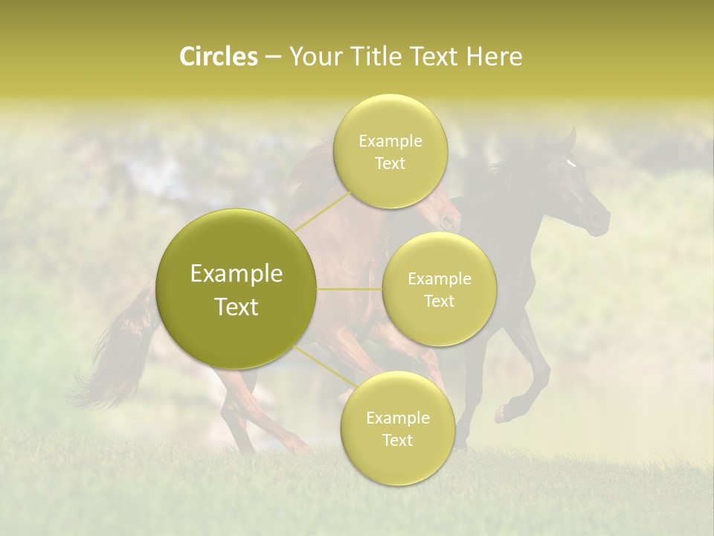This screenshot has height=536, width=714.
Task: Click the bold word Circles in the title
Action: [218, 57]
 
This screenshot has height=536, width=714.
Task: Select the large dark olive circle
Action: [236, 289]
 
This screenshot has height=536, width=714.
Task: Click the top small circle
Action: [390, 151]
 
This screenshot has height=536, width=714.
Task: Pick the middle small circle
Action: [439, 289]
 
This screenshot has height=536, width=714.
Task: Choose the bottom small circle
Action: [397, 428]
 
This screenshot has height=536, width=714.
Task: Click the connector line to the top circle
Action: [320, 212]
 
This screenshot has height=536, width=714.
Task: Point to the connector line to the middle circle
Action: [350, 289]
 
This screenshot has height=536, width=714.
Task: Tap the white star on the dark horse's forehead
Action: [570, 162]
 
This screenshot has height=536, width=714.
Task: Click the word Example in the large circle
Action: [236, 273]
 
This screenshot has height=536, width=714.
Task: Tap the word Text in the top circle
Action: [390, 163]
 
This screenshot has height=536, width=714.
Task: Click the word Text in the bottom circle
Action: [397, 440]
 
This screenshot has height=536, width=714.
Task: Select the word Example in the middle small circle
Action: [439, 278]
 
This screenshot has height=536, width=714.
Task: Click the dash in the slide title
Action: [272, 57]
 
